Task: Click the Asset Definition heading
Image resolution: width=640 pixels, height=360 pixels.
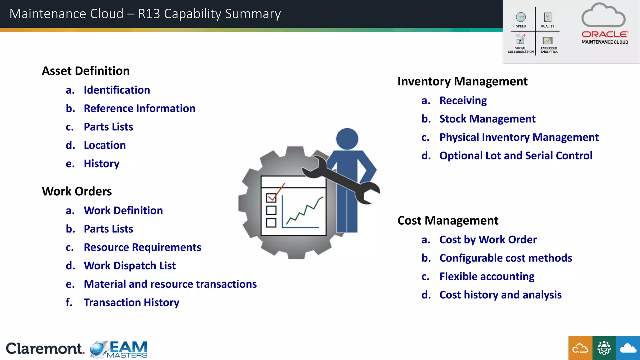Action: point(86,71)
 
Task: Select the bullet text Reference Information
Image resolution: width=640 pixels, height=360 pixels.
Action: point(139,108)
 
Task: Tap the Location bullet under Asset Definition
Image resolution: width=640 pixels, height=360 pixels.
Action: point(105,145)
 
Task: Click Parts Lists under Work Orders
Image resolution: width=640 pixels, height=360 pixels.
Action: point(108,229)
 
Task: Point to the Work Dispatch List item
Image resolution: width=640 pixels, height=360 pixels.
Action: point(130,266)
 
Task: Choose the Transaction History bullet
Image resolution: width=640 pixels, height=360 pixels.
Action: point(131,302)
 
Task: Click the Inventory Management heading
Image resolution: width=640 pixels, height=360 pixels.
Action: point(462,82)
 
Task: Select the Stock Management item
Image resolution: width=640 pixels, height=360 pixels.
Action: point(487,119)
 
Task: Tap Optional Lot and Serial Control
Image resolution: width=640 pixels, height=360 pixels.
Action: point(516,156)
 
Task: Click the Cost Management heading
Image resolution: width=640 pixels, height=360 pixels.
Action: point(447,221)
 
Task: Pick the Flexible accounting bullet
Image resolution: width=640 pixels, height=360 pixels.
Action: point(487,277)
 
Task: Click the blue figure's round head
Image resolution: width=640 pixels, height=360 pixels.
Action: point(347,139)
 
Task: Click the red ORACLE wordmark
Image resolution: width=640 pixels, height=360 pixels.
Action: point(604,34)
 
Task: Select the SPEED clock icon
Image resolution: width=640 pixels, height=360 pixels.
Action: point(521,17)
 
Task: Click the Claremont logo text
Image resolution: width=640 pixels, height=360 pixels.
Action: point(45,348)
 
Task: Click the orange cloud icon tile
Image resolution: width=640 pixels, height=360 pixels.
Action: point(580,348)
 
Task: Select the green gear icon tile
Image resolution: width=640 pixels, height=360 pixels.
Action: point(604,348)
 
